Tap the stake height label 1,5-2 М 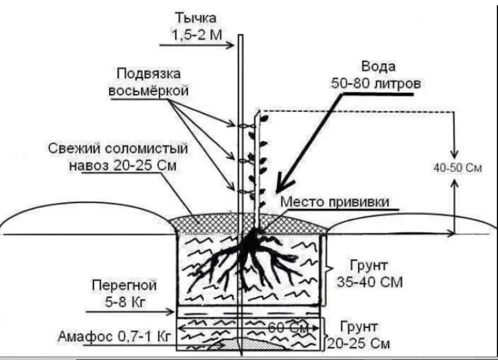pos(197,35)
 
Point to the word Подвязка pos(148,74)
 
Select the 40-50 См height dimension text pos(457,168)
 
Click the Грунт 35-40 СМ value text pos(370,282)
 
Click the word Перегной pos(124,286)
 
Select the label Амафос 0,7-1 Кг pos(114,337)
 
